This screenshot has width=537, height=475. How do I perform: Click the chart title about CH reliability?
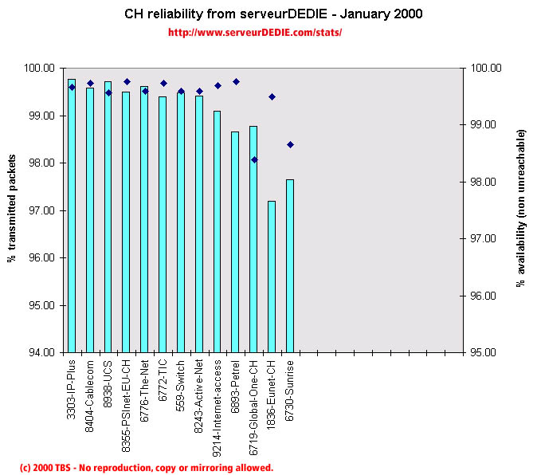[x=273, y=14]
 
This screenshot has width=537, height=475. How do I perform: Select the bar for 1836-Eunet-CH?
[x=272, y=276]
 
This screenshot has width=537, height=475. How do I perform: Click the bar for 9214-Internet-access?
[x=217, y=231]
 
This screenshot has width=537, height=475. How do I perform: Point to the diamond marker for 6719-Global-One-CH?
[x=254, y=159]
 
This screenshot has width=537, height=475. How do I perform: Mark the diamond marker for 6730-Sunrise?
[x=290, y=144]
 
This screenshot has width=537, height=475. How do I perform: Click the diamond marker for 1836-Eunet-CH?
[x=272, y=96]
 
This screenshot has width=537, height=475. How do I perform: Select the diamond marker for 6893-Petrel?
[x=236, y=81]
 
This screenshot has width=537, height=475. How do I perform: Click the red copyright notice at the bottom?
[x=146, y=468]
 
